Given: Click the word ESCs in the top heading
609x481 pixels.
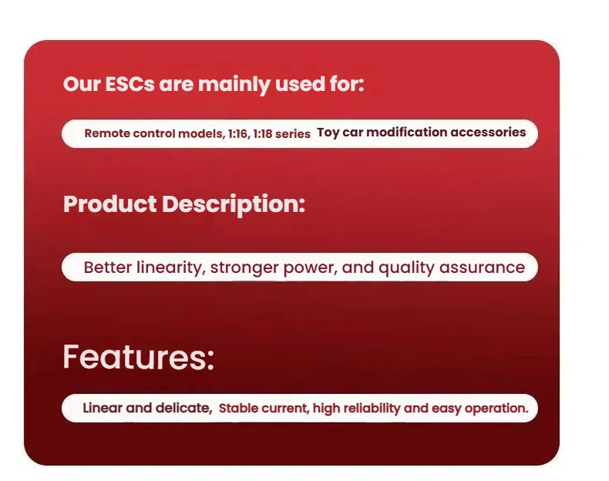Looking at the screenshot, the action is tap(130, 84).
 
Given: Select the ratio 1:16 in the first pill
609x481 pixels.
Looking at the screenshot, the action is tap(237, 134).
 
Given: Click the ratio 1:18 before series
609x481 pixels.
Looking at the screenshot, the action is tap(263, 134).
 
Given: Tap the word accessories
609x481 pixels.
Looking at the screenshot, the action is tap(488, 132).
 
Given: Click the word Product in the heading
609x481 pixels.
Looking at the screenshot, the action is tap(110, 204).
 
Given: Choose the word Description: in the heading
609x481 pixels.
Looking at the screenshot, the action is tap(234, 204).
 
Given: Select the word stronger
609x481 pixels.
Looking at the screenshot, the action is tap(244, 268).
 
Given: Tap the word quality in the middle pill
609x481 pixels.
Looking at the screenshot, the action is tap(406, 268).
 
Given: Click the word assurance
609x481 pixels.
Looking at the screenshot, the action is tap(482, 268).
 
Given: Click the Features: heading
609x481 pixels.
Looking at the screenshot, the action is tap(138, 357).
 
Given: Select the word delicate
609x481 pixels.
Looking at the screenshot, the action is tap(183, 409).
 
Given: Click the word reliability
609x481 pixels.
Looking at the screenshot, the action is tap(372, 409).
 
